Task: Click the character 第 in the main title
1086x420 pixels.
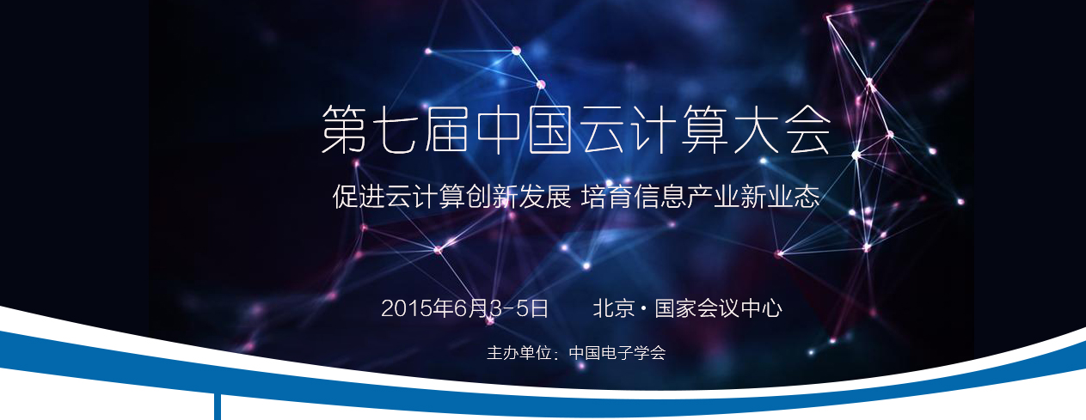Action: point(344,130)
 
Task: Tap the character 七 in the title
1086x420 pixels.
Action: point(396,130)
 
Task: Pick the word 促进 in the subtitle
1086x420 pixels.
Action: point(359,197)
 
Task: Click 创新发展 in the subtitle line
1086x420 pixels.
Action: point(518,197)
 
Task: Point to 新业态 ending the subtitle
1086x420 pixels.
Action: point(781,197)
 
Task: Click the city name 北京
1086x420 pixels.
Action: point(614,308)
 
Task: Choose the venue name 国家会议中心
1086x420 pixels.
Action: point(719,308)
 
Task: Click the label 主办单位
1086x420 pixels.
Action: point(519,353)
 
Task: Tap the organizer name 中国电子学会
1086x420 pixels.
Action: point(617,353)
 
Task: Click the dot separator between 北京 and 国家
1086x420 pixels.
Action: point(644,308)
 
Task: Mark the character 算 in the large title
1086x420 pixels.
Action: point(704,130)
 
